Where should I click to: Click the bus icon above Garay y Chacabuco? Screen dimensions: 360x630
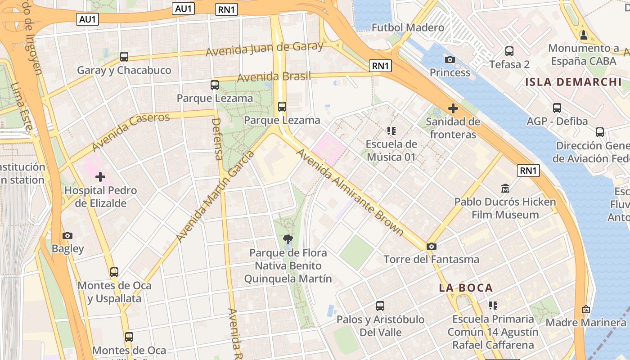click(x=124, y=57)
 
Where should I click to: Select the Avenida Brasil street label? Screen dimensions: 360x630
click(x=274, y=77)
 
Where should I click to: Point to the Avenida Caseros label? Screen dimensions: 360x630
click(x=131, y=131)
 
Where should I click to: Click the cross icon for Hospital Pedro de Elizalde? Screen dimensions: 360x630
click(x=100, y=177)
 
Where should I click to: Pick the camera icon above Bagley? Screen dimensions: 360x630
click(x=67, y=235)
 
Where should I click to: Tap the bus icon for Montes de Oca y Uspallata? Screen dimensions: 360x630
click(x=114, y=272)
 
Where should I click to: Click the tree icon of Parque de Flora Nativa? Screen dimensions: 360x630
click(x=288, y=239)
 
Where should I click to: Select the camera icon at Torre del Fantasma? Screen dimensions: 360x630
click(x=432, y=246)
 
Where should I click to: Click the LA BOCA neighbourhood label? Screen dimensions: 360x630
click(x=466, y=288)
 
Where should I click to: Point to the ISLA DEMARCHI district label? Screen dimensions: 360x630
click(x=573, y=82)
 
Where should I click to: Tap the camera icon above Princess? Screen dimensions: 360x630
click(x=450, y=59)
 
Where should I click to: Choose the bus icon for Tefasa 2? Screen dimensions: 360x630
click(x=509, y=51)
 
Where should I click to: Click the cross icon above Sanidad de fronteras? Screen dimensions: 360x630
click(x=453, y=108)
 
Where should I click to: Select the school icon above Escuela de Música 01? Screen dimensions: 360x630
click(x=391, y=131)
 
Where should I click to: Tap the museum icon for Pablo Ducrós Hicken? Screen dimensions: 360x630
click(x=505, y=188)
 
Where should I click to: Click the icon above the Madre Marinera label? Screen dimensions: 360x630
click(x=586, y=309)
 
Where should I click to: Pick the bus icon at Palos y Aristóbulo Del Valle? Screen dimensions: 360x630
click(x=380, y=306)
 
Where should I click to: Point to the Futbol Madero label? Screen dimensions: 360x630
click(x=408, y=28)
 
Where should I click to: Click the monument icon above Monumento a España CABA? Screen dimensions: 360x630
click(x=584, y=35)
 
